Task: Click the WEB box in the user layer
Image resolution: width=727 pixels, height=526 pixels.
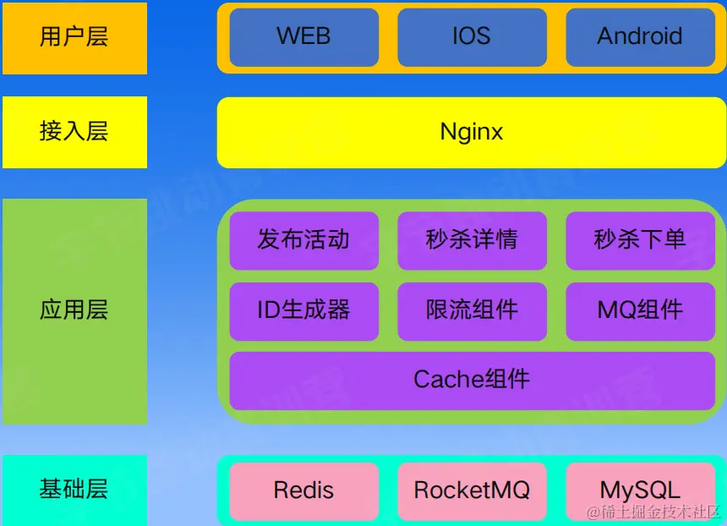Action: [x=303, y=37]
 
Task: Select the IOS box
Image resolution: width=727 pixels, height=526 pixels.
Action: [x=472, y=37]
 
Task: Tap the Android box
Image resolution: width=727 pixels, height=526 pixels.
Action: [x=640, y=37]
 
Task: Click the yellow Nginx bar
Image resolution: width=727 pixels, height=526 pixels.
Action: [x=472, y=132]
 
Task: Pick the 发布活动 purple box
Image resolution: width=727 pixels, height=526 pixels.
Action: [x=303, y=240]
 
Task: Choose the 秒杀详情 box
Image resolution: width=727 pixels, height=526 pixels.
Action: [x=472, y=240]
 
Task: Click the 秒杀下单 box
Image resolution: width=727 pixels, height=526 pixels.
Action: [x=640, y=240]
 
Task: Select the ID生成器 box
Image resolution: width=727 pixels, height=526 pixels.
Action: [x=303, y=310]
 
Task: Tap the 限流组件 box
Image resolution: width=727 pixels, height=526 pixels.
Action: [x=472, y=310]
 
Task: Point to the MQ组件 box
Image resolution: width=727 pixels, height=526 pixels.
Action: [x=640, y=310]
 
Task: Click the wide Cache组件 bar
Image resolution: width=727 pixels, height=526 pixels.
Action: [x=472, y=380]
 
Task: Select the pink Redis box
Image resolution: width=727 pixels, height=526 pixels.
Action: [x=303, y=490]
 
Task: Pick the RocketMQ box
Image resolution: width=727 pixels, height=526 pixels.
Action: [x=472, y=490]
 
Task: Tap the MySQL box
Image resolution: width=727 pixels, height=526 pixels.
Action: [x=640, y=490]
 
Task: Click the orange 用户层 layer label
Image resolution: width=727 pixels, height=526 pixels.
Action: [x=74, y=37]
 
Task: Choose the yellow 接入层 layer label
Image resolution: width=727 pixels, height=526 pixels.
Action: [x=74, y=132]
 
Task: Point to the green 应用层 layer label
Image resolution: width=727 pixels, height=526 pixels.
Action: [x=74, y=310]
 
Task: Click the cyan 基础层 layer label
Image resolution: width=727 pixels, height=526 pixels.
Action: [x=74, y=489]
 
